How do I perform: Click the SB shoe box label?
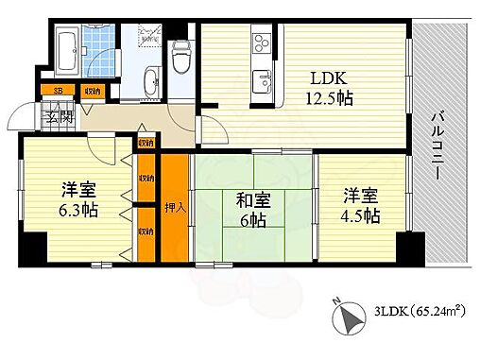click(x=58, y=92)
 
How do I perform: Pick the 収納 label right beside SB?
click(x=92, y=92)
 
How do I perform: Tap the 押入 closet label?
click(x=175, y=207)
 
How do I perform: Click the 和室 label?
click(x=250, y=199)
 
